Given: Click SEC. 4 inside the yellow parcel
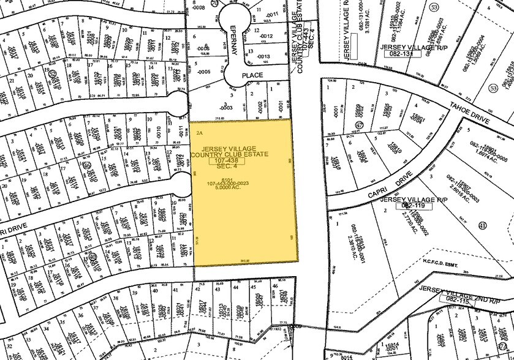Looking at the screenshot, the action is click(228, 170).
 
